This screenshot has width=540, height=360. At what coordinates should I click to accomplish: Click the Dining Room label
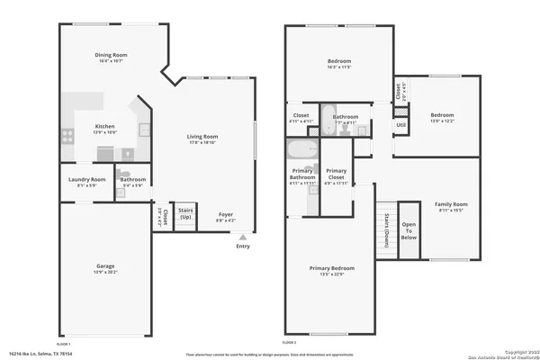[112, 56]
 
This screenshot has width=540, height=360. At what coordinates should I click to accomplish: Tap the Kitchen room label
[105, 127]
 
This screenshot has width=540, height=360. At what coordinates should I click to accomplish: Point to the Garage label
[105, 266]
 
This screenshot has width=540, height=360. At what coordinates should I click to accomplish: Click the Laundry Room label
[87, 179]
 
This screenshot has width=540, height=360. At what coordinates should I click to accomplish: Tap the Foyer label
[226, 214]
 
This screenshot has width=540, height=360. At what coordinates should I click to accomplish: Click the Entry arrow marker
[242, 237]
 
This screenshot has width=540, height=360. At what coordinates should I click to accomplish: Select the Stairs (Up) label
[185, 214]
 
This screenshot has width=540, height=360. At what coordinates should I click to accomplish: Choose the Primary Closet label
[336, 174]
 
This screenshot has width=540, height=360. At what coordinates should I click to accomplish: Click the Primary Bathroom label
[302, 174]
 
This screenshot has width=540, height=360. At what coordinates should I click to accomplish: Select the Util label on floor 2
[400, 124]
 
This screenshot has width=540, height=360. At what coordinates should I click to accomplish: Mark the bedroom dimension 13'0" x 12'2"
[442, 121]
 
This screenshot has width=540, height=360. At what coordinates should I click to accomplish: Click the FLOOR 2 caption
[289, 343]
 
